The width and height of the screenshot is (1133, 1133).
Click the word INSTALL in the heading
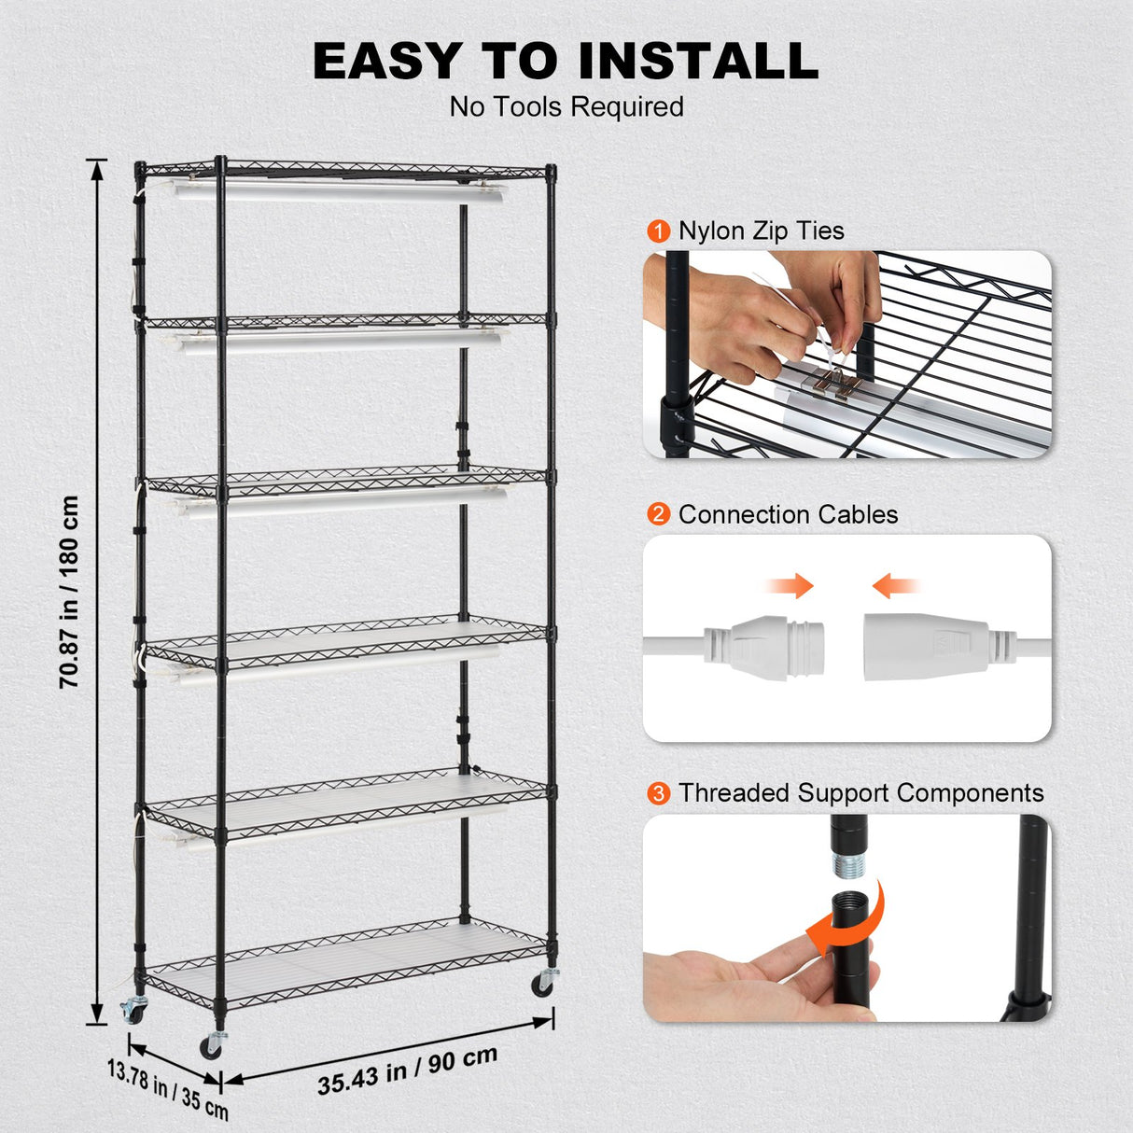click(698, 62)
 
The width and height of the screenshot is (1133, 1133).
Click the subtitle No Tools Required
click(566, 107)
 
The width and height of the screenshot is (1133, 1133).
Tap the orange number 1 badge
click(659, 231)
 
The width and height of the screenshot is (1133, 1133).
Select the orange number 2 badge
click(659, 514)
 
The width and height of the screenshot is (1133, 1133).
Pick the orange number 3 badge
click(659, 793)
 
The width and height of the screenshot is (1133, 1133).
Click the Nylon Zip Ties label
click(761, 231)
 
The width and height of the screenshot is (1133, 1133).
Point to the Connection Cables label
click(788, 514)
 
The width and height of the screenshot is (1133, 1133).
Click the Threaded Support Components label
click(860, 793)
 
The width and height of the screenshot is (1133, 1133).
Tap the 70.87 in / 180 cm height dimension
click(69, 592)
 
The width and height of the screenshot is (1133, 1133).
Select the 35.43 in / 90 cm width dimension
click(407, 1070)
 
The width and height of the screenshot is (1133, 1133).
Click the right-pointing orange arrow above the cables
click(789, 586)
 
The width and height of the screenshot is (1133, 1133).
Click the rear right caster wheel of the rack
click(544, 982)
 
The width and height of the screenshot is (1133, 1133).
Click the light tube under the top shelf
click(336, 194)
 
